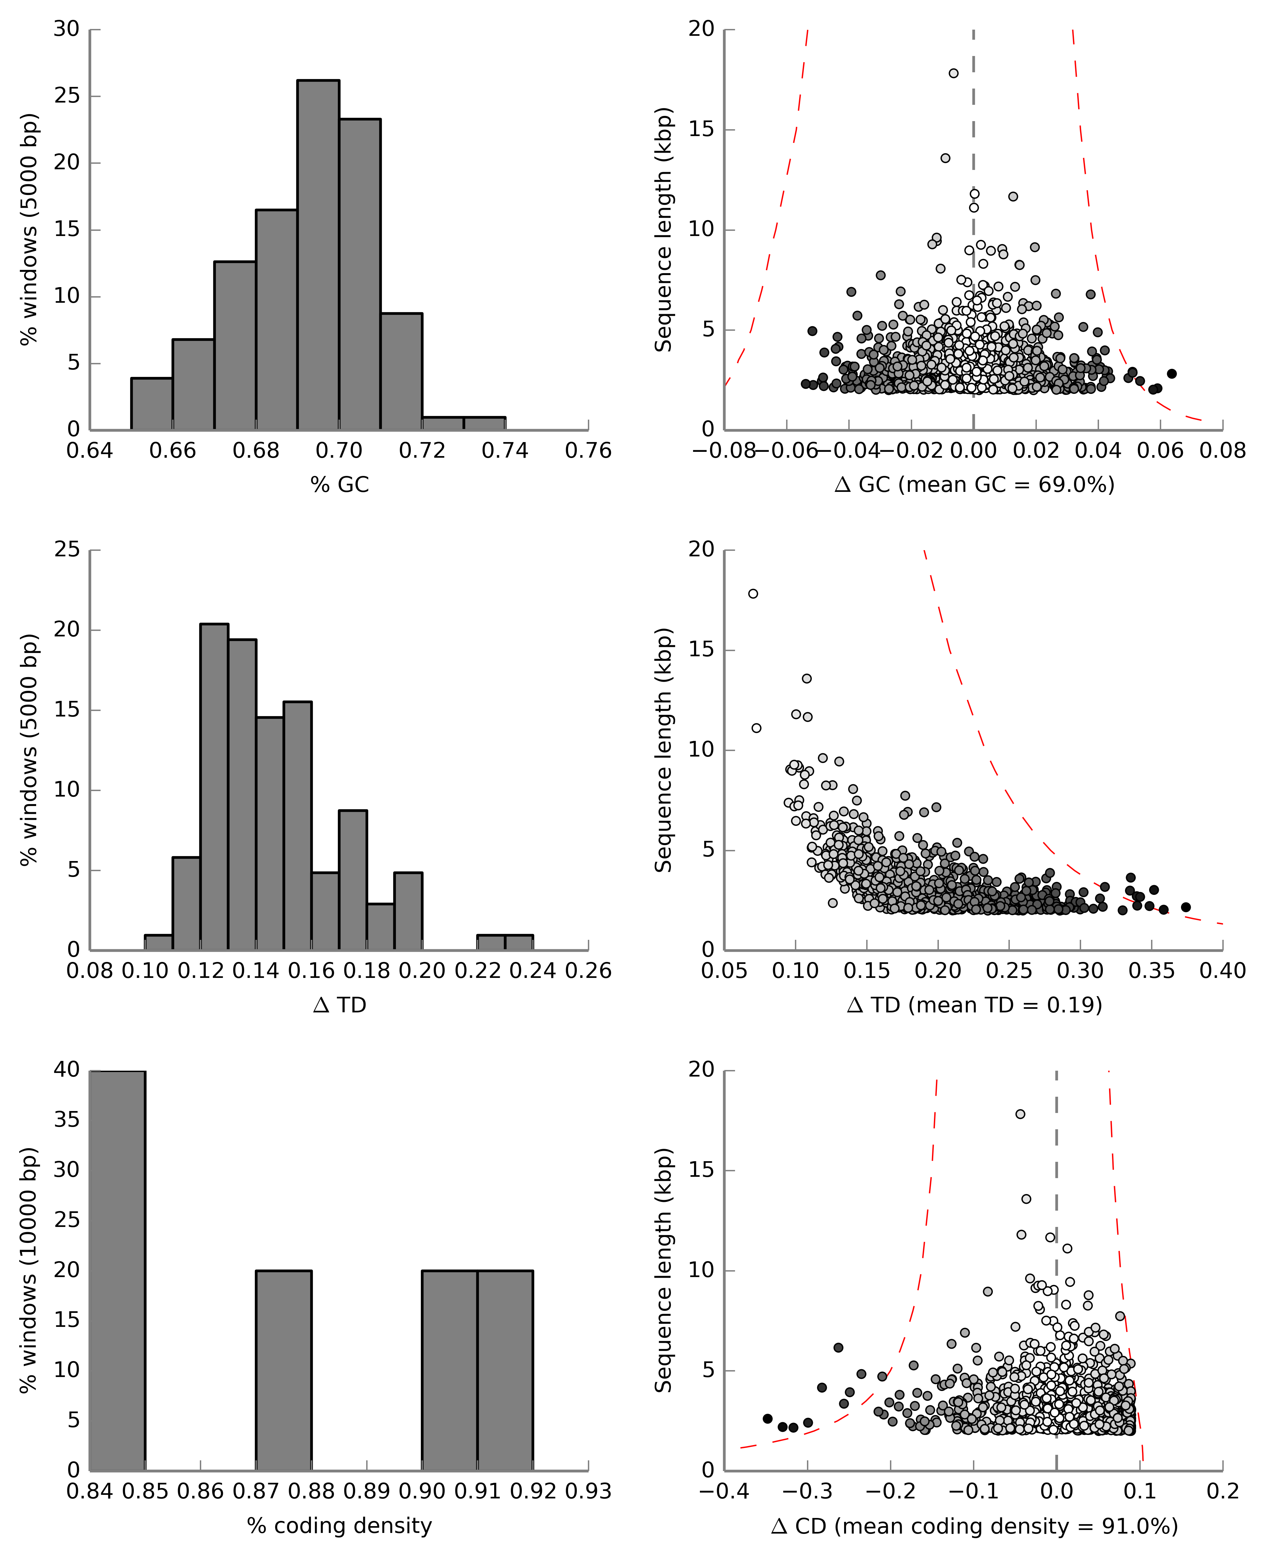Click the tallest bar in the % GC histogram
pyautogui.click(x=318, y=255)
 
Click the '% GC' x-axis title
pyautogui.click(x=340, y=485)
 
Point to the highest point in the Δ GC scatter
pyautogui.click(x=953, y=73)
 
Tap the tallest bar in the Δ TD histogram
pyautogui.click(x=214, y=787)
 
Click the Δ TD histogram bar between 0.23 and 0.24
pyautogui.click(x=519, y=942)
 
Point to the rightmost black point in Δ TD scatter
pyautogui.click(x=1186, y=907)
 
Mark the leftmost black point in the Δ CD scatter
pyautogui.click(x=767, y=1419)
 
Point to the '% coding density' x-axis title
pyautogui.click(x=340, y=1525)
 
